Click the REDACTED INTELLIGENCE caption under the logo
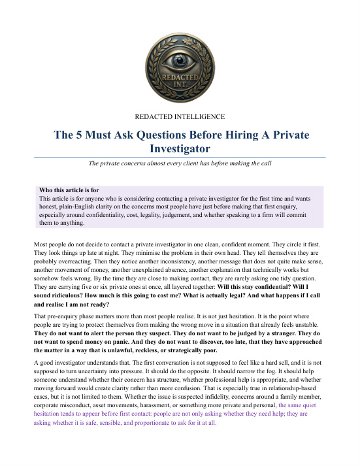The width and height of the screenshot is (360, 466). [x=179, y=116]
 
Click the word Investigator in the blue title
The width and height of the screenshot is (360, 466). [x=179, y=150]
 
